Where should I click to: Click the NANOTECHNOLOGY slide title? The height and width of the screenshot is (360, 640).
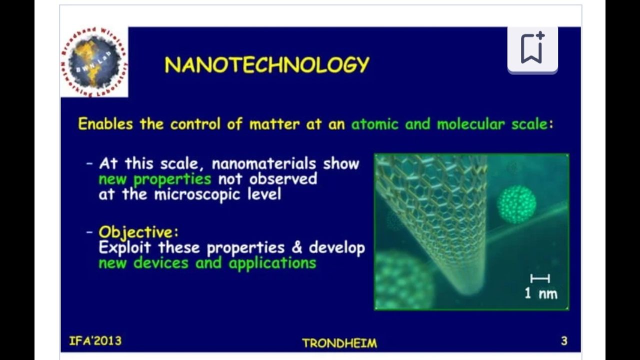267,64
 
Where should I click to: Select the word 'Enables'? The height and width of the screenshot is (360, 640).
105,124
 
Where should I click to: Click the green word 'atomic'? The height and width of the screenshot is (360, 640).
374,124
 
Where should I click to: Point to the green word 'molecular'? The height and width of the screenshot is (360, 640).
471,124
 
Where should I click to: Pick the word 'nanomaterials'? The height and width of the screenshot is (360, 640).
263,163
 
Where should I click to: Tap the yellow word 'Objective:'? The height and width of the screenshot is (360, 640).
138,232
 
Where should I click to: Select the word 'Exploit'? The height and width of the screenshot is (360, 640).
124,247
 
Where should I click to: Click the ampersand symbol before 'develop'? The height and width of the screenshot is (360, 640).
296,247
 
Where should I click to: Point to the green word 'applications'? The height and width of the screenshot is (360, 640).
272,263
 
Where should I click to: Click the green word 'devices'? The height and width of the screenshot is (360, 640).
161,262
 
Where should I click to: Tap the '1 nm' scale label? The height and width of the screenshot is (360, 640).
541,293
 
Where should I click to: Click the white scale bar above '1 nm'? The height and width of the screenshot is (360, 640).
540,278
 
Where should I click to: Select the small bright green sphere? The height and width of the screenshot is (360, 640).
517,204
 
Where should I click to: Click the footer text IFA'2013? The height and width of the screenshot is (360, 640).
95,341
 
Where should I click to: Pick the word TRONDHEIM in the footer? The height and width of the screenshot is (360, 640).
339,343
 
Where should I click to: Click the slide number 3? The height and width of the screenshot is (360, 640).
564,341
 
